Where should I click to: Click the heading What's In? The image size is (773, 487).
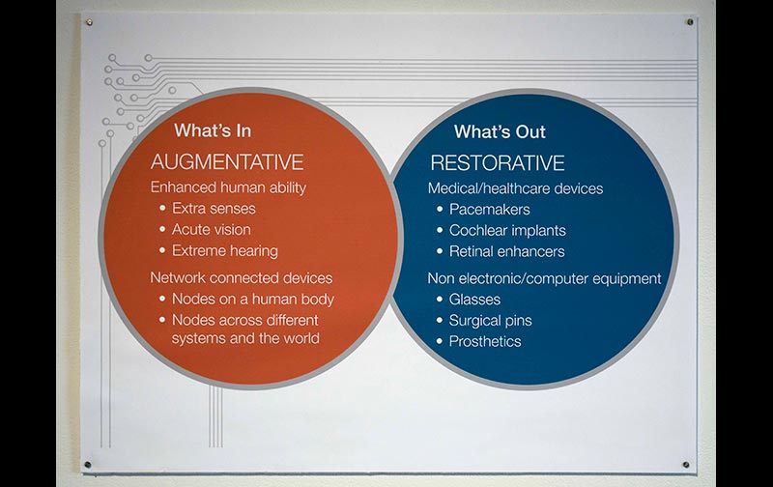point(213,130)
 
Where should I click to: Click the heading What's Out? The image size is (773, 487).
point(500,131)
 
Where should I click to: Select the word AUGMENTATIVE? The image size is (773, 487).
point(227,162)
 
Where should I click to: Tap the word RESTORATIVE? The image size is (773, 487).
point(498,163)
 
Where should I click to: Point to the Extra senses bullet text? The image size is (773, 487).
point(214,209)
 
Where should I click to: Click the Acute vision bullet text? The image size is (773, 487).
point(211,230)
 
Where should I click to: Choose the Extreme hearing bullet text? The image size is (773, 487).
point(225,251)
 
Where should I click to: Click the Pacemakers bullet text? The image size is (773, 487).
point(490,210)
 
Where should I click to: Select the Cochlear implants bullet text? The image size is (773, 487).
point(507,231)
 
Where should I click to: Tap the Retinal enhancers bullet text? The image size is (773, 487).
point(506,251)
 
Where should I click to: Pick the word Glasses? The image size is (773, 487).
point(474,300)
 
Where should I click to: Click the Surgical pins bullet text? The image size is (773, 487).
point(490,321)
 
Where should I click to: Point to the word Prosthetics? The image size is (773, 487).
point(485,342)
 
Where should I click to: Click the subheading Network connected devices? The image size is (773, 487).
point(241,278)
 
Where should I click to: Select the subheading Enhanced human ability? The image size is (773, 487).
point(228,187)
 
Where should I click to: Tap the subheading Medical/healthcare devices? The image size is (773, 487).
point(515,188)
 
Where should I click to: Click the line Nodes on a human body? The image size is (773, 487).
point(253,300)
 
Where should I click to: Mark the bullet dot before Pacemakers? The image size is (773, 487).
point(440,210)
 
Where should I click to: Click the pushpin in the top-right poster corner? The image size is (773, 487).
point(690,22)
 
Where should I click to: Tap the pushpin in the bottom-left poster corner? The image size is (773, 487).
point(88,465)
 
